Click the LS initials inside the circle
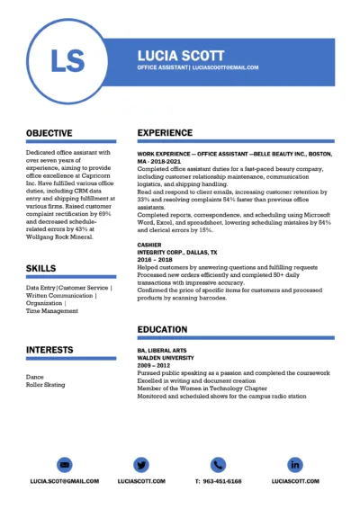(68, 60)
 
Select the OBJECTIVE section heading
(49, 133)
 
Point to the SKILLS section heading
(40, 268)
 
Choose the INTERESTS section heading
(49, 349)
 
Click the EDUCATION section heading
(162, 330)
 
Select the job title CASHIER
(149, 245)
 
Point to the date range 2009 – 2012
(153, 365)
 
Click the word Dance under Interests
(34, 377)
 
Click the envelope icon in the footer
(64, 465)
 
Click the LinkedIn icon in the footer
(295, 465)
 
